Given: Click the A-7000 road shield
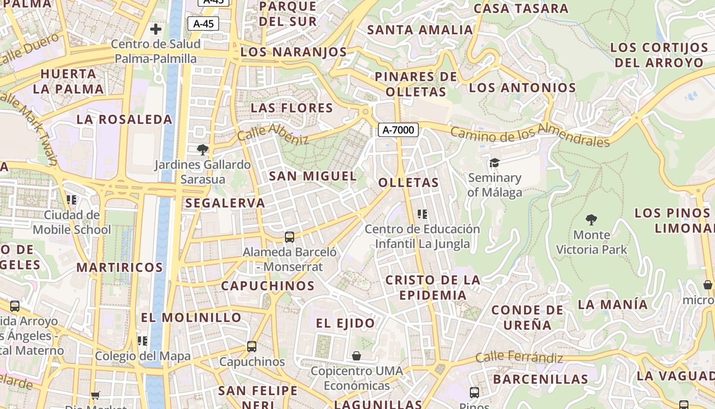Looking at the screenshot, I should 398,130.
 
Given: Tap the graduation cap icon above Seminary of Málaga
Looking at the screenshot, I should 494,163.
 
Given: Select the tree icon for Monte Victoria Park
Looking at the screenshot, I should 591,220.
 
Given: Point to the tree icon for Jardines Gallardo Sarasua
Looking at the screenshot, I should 203,150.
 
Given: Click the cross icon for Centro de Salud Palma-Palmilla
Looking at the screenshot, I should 156,29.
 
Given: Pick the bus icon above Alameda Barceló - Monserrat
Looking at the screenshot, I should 290,237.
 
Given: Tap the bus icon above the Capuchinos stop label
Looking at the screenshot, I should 252,346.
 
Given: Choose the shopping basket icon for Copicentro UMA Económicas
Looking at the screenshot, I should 356,355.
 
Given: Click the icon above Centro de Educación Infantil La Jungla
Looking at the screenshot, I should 422,214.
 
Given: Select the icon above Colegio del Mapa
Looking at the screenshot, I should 142,340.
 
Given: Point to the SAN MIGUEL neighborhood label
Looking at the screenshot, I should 313,176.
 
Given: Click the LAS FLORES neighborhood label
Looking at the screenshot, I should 292,108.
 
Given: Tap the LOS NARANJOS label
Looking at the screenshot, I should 294,52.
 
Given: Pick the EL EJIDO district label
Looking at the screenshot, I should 345,323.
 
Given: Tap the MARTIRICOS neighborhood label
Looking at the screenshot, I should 120,267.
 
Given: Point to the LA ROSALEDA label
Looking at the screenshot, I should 125,120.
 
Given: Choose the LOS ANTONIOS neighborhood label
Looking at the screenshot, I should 522,88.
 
